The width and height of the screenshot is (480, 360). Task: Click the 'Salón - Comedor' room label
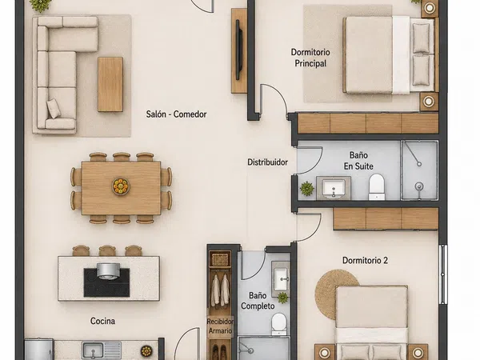(176, 114)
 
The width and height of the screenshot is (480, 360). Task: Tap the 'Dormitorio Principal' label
(310, 58)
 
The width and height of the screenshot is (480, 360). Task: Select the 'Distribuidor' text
(267, 162)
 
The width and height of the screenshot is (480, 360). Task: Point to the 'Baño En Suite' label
(358, 161)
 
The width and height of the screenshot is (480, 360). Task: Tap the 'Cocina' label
(102, 321)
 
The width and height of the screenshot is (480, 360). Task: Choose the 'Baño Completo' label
(258, 301)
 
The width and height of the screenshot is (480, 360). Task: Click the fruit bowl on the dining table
(121, 186)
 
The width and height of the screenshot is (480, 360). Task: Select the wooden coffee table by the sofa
(110, 84)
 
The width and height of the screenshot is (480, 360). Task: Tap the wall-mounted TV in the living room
(238, 50)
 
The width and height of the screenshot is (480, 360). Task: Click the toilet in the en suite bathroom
(376, 186)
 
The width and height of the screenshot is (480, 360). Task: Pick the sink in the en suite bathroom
(334, 188)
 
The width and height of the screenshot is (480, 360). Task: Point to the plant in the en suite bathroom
(306, 189)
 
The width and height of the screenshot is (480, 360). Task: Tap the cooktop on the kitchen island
(106, 282)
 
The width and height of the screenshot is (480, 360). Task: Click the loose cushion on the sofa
(54, 108)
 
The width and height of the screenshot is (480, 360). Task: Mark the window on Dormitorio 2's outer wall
(442, 274)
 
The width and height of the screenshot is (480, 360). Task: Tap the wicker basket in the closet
(220, 259)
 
